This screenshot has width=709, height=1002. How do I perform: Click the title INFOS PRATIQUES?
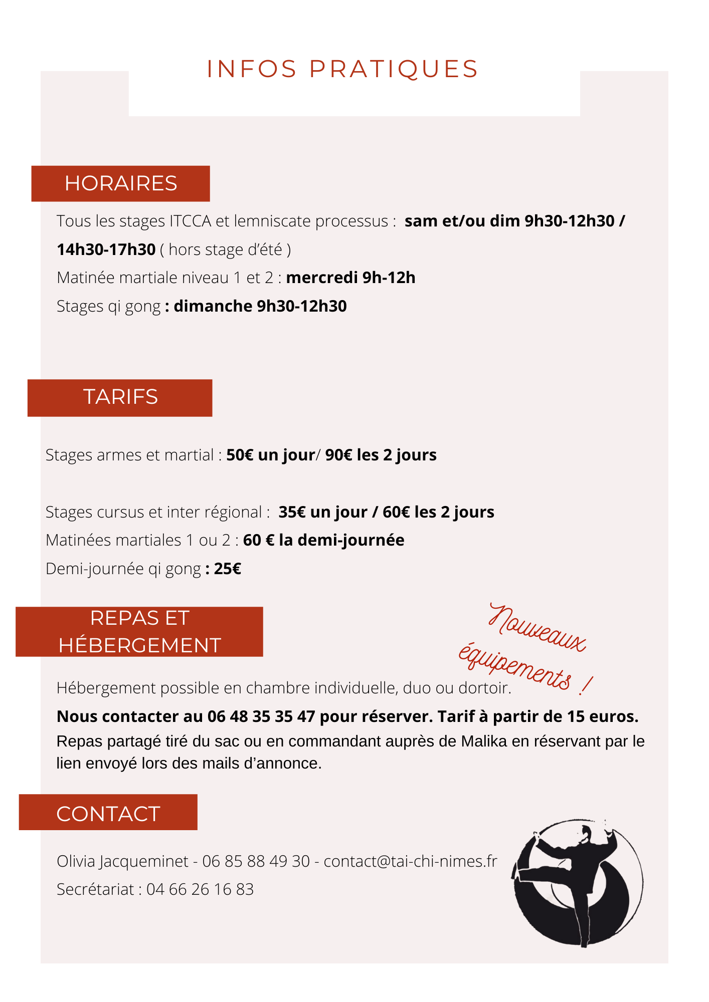[343, 69]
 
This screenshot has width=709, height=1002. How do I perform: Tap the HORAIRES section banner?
[120, 183]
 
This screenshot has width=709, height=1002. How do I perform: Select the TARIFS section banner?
[120, 397]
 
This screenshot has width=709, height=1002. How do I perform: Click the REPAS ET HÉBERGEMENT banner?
[139, 632]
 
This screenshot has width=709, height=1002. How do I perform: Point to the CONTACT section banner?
[108, 814]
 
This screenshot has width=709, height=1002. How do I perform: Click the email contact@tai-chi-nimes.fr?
[410, 861]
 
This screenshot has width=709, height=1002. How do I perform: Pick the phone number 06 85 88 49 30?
[256, 861]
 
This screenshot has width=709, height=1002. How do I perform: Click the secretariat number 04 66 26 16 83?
[200, 889]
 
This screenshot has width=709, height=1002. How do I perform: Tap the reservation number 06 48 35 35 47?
[261, 716]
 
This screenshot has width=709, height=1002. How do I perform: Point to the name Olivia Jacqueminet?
[122, 861]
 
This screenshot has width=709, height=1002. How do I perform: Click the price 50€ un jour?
[271, 455]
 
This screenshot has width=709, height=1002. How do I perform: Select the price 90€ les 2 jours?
[381, 455]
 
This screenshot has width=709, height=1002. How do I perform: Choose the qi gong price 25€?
[228, 569]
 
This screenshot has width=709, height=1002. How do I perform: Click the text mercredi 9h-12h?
[351, 278]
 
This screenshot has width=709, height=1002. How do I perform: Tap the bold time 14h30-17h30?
[106, 249]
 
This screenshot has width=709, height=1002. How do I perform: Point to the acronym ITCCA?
[191, 221]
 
